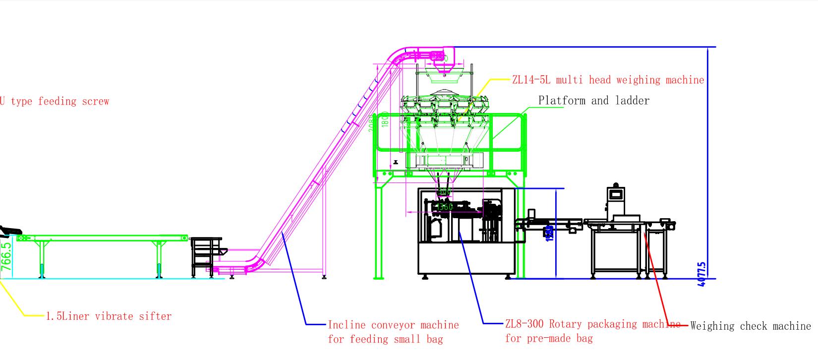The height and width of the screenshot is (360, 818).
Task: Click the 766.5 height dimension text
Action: point(6,256)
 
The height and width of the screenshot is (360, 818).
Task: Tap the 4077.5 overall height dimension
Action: point(701,275)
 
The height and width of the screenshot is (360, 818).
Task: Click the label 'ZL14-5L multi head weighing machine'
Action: point(608,80)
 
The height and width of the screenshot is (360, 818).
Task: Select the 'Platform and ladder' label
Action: point(593,101)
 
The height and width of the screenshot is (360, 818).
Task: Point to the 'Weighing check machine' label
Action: point(750,326)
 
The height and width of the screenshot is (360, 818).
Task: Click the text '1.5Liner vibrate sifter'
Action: point(109,316)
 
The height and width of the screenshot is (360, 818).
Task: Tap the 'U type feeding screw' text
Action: point(54,101)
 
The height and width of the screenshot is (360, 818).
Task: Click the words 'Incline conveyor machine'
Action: point(393,325)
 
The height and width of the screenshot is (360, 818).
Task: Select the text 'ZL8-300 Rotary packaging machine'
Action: point(592,324)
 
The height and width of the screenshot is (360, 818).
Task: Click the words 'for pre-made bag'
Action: point(548,339)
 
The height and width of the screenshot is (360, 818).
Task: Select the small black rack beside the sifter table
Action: point(206,256)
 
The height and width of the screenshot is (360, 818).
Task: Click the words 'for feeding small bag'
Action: point(385,339)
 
